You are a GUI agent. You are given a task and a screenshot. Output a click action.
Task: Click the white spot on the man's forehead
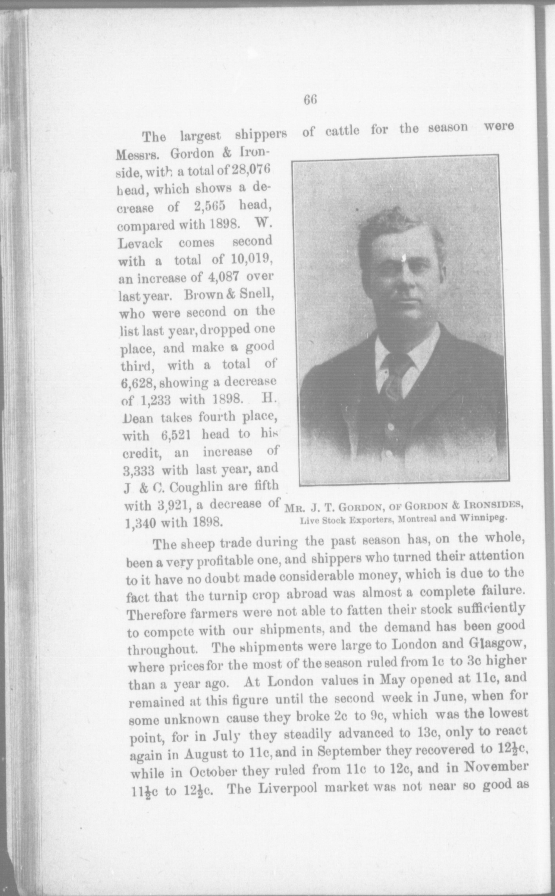click(x=404, y=257)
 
